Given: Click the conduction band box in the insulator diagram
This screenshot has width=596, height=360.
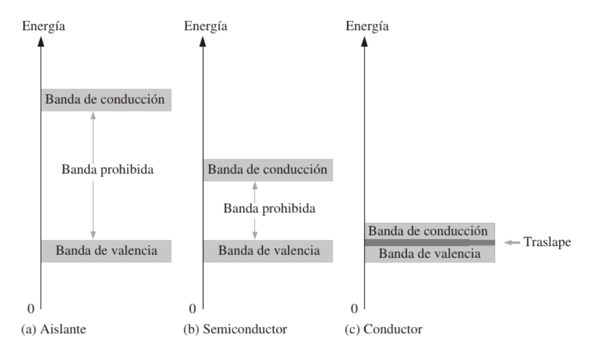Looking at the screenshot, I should pyautogui.click(x=106, y=99).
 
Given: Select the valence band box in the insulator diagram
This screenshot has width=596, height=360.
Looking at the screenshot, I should pyautogui.click(x=106, y=251).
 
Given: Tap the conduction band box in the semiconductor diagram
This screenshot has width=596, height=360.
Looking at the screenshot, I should pyautogui.click(x=268, y=170).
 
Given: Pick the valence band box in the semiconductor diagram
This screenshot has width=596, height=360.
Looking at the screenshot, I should pyautogui.click(x=268, y=251).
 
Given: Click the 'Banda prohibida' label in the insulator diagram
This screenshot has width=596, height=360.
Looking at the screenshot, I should pyautogui.click(x=108, y=170).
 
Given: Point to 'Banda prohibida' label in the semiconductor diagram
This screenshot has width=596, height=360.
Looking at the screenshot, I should pyautogui.click(x=269, y=208).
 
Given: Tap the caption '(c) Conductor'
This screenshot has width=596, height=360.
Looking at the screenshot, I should pyautogui.click(x=389, y=330).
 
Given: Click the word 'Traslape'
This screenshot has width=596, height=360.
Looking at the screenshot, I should pyautogui.click(x=547, y=242).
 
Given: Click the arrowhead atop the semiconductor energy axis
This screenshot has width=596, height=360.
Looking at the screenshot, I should pyautogui.click(x=203, y=42).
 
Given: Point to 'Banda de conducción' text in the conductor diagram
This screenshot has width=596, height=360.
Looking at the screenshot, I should pyautogui.click(x=428, y=231).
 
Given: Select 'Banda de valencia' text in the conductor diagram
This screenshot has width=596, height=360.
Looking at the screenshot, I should pyautogui.click(x=430, y=254).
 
